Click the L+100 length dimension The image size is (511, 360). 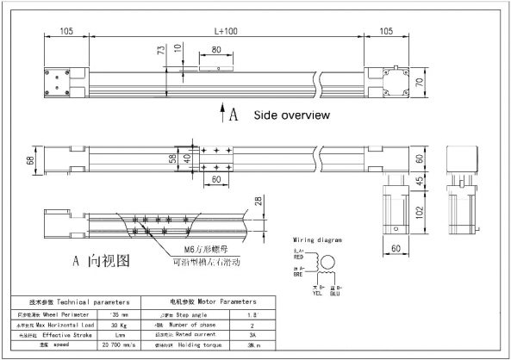[227, 30]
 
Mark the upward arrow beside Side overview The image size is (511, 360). [224, 114]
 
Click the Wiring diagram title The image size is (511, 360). [320, 239]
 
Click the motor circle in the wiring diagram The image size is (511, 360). [326, 262]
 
